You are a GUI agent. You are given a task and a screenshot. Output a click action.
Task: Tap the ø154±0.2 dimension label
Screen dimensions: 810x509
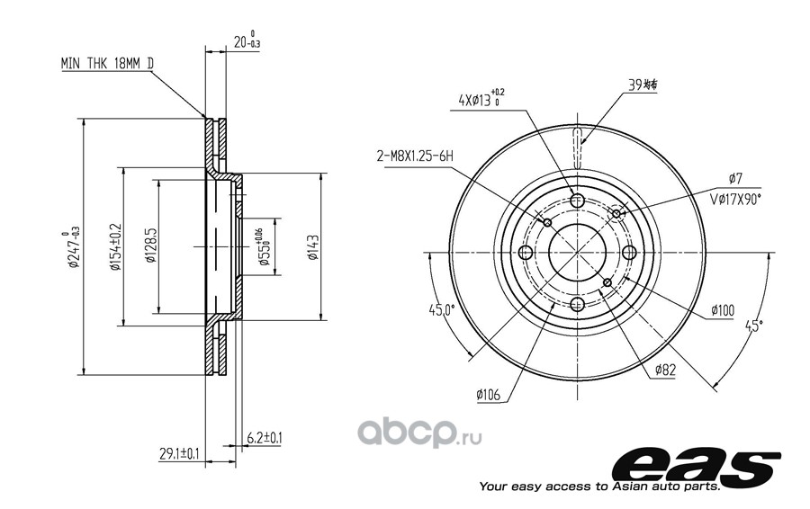coord(115,249)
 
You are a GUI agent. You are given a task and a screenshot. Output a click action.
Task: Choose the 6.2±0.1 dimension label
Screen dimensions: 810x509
coord(264,438)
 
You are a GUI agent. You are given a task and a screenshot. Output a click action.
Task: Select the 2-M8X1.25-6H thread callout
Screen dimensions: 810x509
coord(414,156)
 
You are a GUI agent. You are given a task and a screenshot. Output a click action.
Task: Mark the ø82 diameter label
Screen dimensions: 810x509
coord(665,369)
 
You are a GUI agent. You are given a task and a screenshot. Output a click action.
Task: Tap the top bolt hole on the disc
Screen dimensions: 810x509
coord(578,201)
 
